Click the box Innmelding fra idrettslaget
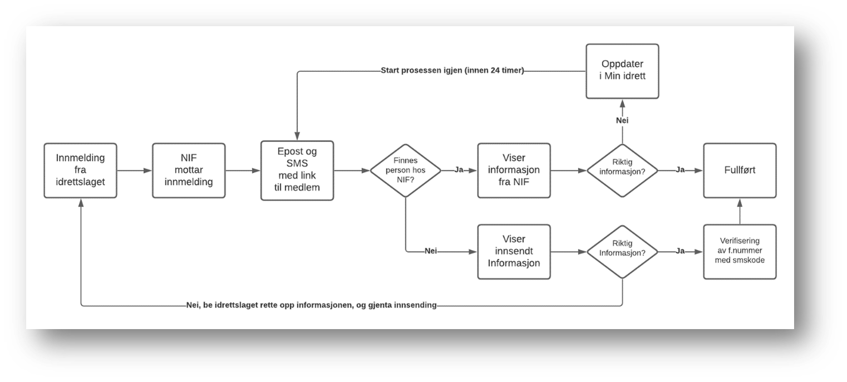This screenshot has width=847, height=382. pyautogui.click(x=80, y=170)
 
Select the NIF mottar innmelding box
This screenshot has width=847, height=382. pyautogui.click(x=189, y=170)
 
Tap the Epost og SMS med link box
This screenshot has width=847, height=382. pyautogui.click(x=297, y=170)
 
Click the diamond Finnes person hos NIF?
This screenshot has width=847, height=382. pyautogui.click(x=405, y=170)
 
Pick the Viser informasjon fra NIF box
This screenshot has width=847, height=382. pyautogui.click(x=514, y=170)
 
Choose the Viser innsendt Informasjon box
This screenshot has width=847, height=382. pyautogui.click(x=514, y=252)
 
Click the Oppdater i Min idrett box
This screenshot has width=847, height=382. pyautogui.click(x=623, y=71)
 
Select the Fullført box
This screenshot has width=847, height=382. pyautogui.click(x=740, y=170)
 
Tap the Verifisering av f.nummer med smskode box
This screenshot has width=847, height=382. pyautogui.click(x=740, y=252)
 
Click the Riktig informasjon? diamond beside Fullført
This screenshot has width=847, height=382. pyautogui.click(x=623, y=170)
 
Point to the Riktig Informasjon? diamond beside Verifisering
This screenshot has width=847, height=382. pyautogui.click(x=623, y=252)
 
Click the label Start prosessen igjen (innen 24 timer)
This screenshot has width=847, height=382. pyautogui.click(x=452, y=70)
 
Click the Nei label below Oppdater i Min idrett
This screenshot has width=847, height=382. pyautogui.click(x=623, y=120)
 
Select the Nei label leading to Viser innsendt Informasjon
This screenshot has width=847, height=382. pyautogui.click(x=430, y=251)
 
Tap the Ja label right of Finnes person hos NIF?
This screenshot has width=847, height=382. pyautogui.click(x=459, y=170)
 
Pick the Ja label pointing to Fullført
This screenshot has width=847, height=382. pyautogui.click(x=680, y=170)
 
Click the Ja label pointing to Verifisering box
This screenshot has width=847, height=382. pyautogui.click(x=680, y=251)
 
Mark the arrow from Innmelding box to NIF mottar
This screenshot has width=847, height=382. pyautogui.click(x=135, y=170)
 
